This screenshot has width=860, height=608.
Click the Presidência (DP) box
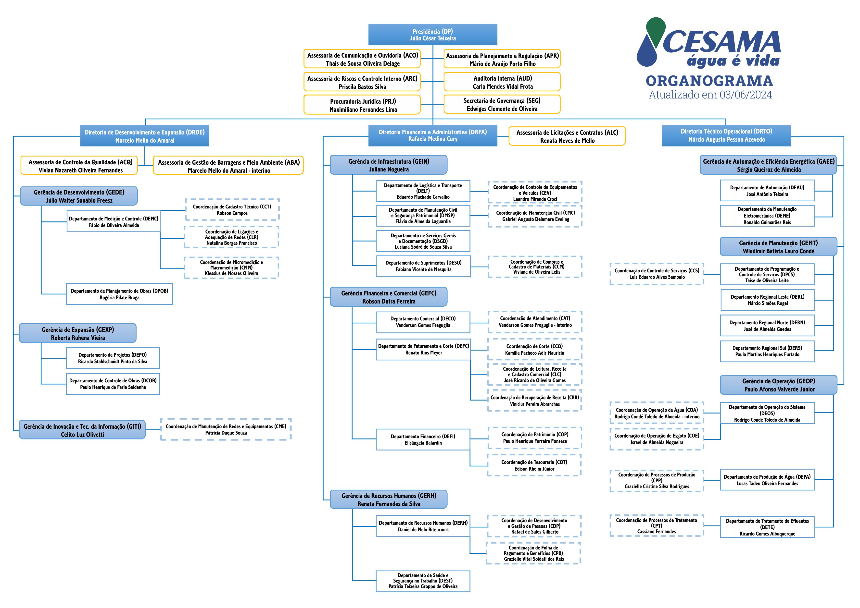pyautogui.click(x=433, y=35)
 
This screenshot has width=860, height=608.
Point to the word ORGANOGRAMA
pyautogui.click(x=709, y=81)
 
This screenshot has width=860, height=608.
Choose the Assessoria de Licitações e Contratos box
pyautogui.click(x=567, y=136)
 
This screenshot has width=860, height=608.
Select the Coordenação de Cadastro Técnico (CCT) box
pyautogui.click(x=232, y=210)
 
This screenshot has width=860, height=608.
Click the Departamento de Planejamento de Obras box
pyautogui.click(x=119, y=294)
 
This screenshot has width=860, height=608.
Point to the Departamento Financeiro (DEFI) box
pyautogui.click(x=423, y=439)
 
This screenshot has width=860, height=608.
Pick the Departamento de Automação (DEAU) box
pyautogui.click(x=767, y=191)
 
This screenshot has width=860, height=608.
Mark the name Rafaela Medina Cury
pyautogui.click(x=433, y=139)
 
